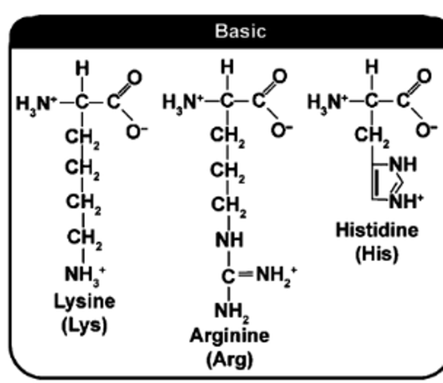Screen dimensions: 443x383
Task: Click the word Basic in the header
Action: pos(240,31)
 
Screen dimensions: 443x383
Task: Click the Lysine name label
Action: pos(85,302)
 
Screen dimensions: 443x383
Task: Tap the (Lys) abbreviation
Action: pos(85,326)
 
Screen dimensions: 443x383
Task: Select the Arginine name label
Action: pos(230,336)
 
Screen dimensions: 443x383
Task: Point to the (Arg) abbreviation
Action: pos(230,360)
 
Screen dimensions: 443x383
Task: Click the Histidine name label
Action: pos(377,230)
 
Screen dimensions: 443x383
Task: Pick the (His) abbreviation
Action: pos(377,254)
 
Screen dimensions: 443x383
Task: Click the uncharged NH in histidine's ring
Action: pos(403,165)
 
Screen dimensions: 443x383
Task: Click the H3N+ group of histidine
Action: pos(327,102)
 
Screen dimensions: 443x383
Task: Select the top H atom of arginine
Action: pos(227,67)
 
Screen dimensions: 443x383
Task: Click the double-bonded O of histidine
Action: pos(424,76)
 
